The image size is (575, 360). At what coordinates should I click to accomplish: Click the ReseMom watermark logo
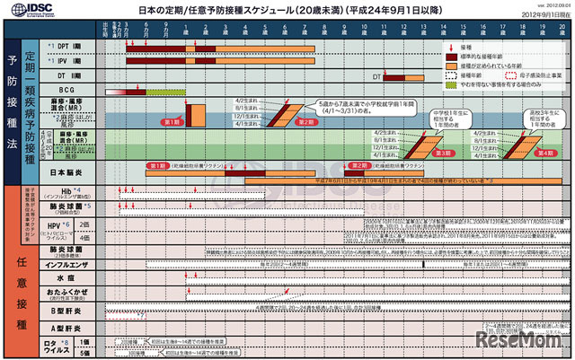pos(529,343)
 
